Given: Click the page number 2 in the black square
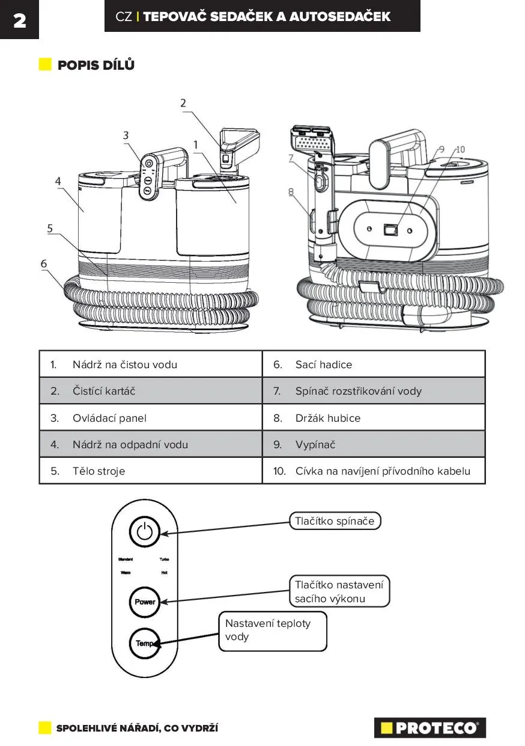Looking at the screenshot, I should (x=19, y=20).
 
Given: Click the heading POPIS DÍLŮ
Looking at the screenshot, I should (x=96, y=65).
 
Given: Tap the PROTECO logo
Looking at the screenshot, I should (x=429, y=727).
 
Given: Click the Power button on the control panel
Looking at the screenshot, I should (x=145, y=602).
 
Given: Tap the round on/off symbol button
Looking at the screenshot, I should (x=144, y=531).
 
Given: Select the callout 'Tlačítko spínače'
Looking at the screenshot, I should (x=335, y=521).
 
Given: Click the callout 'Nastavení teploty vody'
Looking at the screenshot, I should (x=272, y=630).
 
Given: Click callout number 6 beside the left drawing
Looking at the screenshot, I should (x=44, y=264).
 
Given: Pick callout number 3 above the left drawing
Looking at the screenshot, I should (x=126, y=135).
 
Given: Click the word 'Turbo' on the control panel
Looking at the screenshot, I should (x=164, y=559).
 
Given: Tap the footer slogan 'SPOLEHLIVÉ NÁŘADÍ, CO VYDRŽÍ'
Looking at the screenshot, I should (x=137, y=729).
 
